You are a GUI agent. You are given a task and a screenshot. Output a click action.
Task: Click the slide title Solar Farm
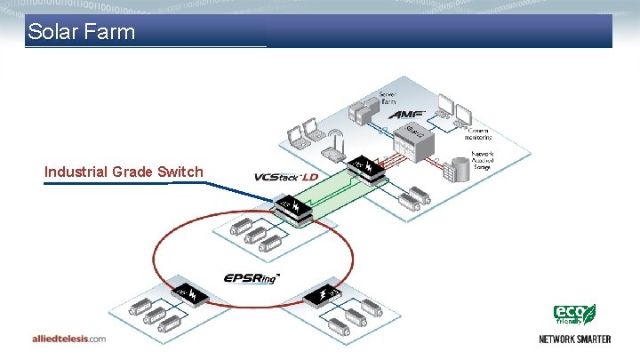tap(81, 34)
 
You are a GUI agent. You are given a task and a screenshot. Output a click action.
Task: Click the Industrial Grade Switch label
tap(124, 172)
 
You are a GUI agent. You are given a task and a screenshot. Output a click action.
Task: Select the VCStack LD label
tap(285, 177)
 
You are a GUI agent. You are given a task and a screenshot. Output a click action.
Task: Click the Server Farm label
tap(389, 98)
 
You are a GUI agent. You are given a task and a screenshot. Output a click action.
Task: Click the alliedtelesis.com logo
tap(68, 339)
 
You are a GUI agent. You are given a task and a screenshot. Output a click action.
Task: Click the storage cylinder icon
tap(459, 167)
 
